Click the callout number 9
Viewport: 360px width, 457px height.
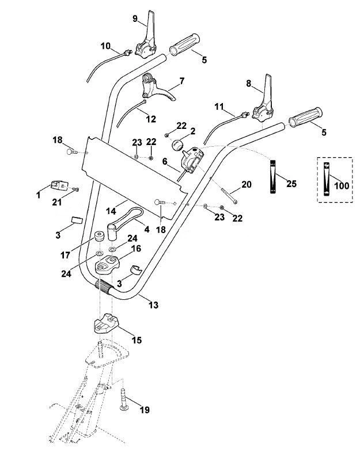click(135, 19)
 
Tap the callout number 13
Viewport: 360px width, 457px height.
click(153, 305)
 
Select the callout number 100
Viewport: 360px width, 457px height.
click(342, 185)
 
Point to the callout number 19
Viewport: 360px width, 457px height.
click(145, 410)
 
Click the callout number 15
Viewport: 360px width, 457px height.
click(137, 340)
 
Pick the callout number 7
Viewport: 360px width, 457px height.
click(182, 81)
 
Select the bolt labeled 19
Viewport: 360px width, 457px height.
click(123, 399)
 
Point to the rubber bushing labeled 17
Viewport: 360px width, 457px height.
click(98, 235)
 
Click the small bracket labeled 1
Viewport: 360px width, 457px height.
click(59, 185)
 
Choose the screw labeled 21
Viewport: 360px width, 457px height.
click(76, 189)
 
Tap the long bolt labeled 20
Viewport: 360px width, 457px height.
click(228, 196)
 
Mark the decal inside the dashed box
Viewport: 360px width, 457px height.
click(326, 179)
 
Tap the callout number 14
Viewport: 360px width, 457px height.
click(111, 211)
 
